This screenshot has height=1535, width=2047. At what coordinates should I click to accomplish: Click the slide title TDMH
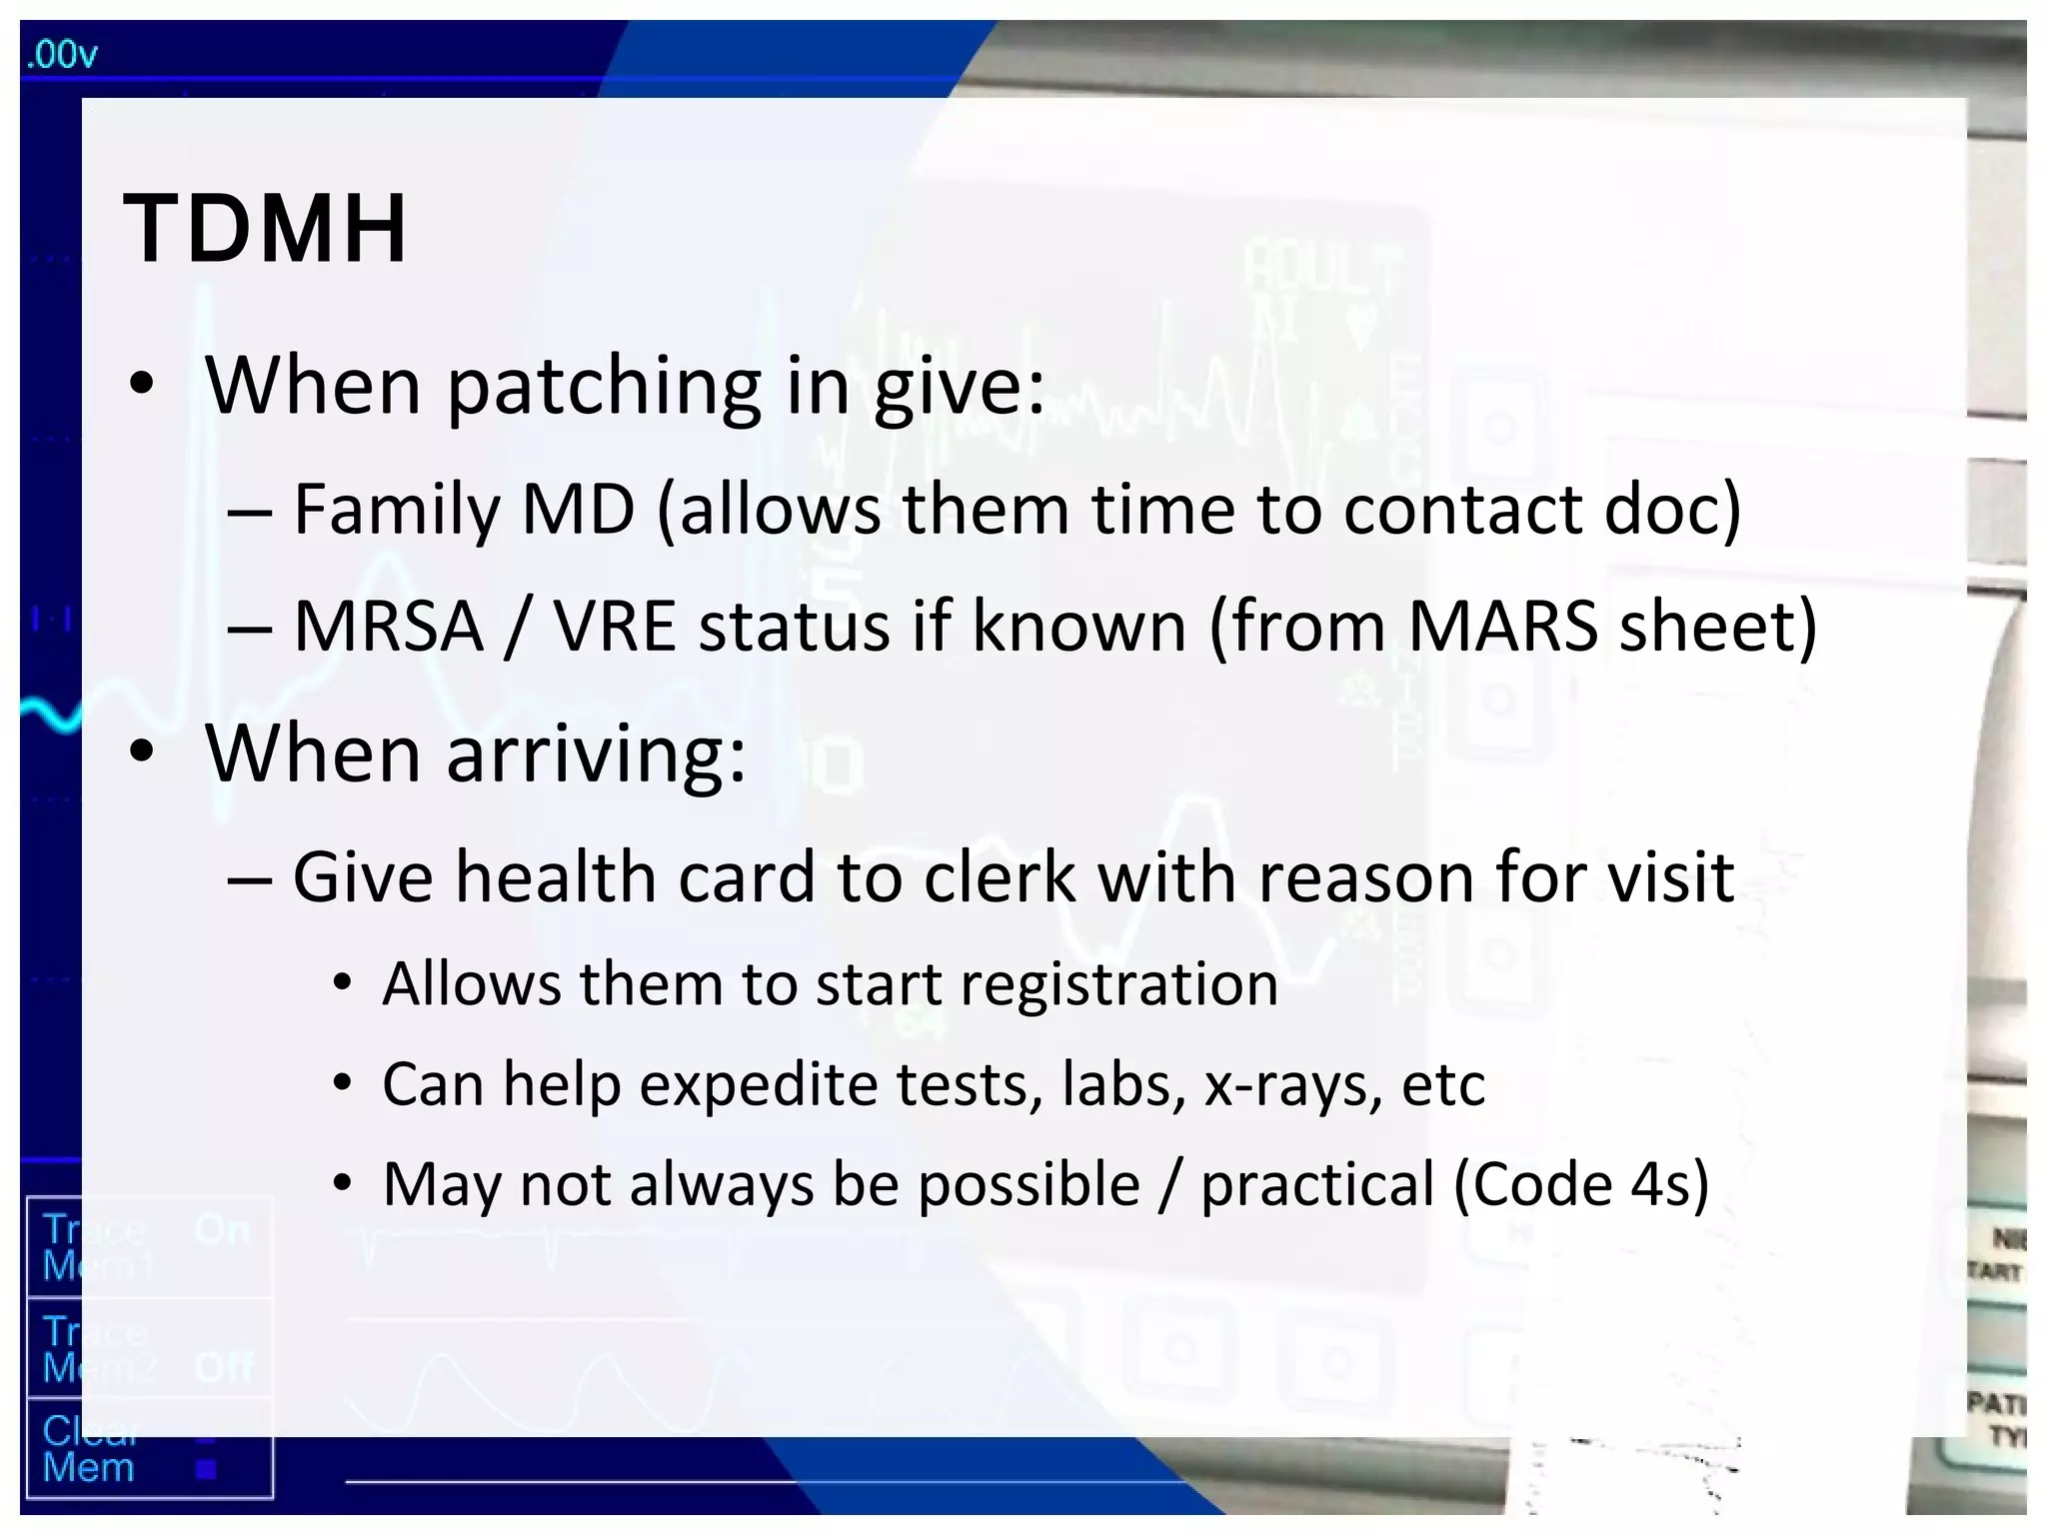[x=265, y=230]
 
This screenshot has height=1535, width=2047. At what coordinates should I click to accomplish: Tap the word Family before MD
[x=399, y=510]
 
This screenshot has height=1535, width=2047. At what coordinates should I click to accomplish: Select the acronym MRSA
[x=389, y=627]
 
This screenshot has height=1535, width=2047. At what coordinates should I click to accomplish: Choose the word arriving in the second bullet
[x=596, y=755]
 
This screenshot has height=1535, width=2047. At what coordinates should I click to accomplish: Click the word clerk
[x=1000, y=877]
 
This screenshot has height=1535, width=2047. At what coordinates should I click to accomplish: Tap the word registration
[x=1119, y=984]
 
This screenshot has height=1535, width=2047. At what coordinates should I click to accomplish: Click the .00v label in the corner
[x=62, y=54]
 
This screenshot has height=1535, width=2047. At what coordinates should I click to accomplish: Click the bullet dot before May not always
[x=343, y=1185]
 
